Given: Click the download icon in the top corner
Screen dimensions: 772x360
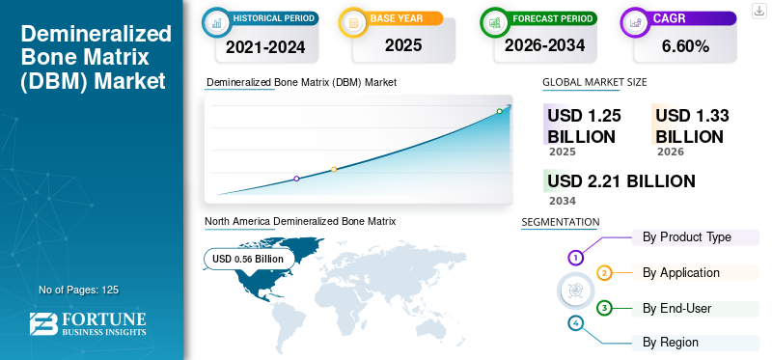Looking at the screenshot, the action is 759,11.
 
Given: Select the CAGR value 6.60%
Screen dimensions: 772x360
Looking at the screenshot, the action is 685,46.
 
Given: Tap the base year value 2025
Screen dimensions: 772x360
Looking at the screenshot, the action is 403,45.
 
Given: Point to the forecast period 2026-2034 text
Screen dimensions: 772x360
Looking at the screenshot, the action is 544,45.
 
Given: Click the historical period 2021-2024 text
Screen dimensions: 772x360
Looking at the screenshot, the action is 265,47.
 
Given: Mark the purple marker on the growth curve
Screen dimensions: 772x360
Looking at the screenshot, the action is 296,179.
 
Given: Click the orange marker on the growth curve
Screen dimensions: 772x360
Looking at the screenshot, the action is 334,170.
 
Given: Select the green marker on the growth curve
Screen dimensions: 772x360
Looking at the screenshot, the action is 499,111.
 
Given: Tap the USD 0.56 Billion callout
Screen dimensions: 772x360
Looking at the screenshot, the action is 249,259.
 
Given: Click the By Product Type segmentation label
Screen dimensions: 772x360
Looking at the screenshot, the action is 687,236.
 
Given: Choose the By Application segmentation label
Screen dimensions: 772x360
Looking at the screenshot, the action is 681,272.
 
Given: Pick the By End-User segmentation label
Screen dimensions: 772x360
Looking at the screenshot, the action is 677,308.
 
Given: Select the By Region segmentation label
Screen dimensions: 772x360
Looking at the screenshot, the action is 670,342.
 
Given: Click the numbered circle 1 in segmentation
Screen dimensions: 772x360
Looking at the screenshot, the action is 575,257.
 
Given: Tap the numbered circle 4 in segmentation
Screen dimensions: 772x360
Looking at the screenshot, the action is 575,323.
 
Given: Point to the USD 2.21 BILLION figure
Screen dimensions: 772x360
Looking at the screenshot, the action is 621,181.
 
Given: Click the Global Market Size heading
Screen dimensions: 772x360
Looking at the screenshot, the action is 594,82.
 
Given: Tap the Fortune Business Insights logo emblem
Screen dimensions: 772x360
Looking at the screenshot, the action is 43,324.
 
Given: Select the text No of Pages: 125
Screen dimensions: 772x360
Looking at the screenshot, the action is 79,290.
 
